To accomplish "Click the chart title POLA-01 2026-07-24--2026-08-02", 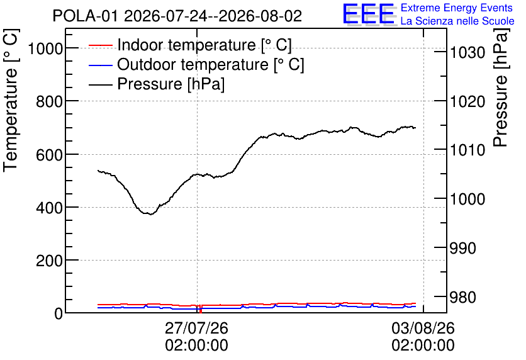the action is point(177,16).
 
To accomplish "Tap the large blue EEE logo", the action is point(369,14).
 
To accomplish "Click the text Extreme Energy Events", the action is point(457,8).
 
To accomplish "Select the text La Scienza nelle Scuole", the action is point(457,21).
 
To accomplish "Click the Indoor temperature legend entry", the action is point(190,45).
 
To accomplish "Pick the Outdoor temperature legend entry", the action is point(196,64).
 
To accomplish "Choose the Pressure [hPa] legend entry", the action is point(156,84).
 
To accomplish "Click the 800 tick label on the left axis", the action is point(49,102).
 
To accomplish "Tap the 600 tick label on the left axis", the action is point(49,155).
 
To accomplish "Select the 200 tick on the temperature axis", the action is point(49,261).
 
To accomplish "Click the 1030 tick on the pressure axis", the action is point(467,52).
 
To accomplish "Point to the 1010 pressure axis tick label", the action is point(467,150).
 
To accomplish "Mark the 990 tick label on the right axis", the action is point(463,248).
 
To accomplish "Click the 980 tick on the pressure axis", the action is point(463,297).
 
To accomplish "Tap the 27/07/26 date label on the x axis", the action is point(196,328).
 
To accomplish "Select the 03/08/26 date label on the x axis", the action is point(423,328).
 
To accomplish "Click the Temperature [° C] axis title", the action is point(11,100).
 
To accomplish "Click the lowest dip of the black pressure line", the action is point(151,214).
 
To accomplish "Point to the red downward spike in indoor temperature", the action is point(201,309).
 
